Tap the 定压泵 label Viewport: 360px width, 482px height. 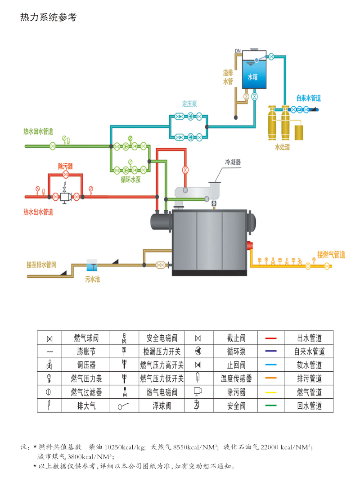click(x=189, y=104)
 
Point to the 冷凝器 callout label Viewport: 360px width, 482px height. click(x=233, y=162)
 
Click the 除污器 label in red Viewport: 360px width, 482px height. click(x=65, y=166)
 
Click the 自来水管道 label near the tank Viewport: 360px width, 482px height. click(x=308, y=98)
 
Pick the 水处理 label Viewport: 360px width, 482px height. click(x=283, y=147)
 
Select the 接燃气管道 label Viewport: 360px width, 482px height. click(x=331, y=255)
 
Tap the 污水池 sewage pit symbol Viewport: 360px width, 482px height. click(x=92, y=265)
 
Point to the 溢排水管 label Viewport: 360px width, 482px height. click(x=228, y=77)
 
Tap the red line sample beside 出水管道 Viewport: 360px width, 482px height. click(x=271, y=338)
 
